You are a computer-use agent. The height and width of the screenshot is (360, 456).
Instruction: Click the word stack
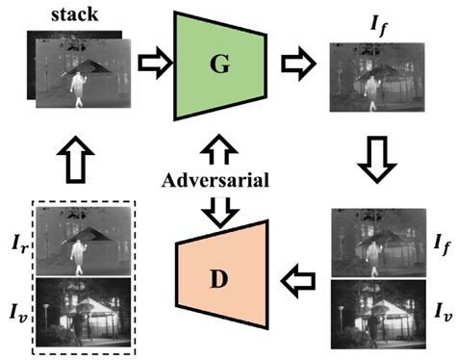[75, 14]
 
